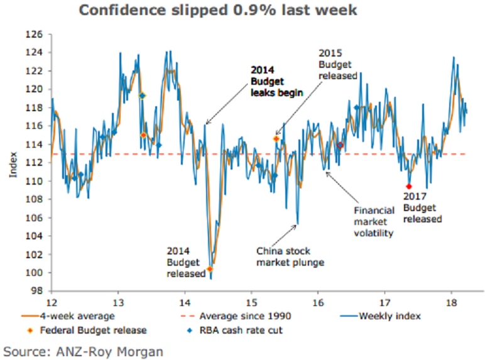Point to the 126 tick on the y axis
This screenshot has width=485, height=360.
38,34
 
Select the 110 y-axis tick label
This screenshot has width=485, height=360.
38,181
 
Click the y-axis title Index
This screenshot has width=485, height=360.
13,163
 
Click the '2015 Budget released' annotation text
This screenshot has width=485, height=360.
337,64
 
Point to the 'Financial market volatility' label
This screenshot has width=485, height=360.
373,222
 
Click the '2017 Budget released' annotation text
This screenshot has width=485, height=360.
422,207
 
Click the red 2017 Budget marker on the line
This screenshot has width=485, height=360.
409,187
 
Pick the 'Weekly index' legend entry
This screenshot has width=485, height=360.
388,315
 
